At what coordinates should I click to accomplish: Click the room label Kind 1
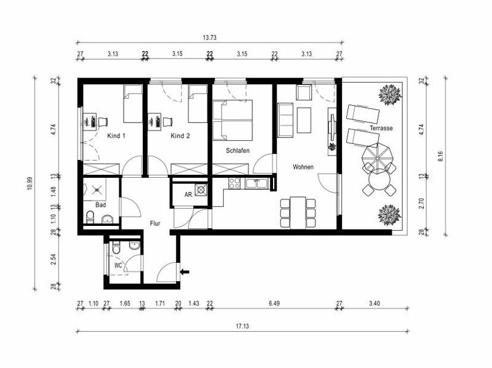click(116, 135)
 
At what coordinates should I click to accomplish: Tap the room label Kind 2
click(180, 135)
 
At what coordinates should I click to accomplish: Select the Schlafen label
click(238, 150)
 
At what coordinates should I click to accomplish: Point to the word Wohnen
click(303, 167)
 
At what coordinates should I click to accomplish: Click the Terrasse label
click(381, 129)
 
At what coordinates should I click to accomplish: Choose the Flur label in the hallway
click(155, 223)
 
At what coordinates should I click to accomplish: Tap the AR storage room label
click(188, 195)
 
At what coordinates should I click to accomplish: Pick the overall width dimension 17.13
click(241, 326)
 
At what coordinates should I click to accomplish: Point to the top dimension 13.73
click(210, 38)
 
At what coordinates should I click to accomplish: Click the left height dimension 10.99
click(29, 184)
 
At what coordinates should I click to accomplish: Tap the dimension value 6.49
click(274, 303)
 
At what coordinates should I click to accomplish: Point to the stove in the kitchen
click(234, 183)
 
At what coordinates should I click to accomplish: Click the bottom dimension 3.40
click(374, 303)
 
